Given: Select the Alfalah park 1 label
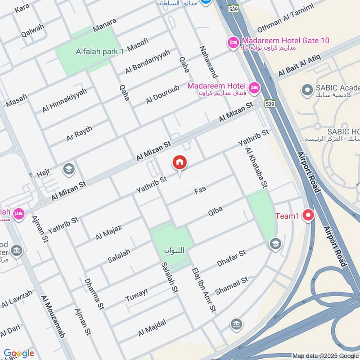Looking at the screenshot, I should [87, 52].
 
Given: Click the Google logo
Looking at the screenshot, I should [19, 353].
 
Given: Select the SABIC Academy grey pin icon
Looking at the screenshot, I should [307, 90].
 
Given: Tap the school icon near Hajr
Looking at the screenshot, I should [69, 169].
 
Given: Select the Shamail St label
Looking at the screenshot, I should [232, 286].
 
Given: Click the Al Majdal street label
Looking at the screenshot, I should [152, 327].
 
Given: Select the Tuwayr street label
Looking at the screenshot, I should [136, 293].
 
